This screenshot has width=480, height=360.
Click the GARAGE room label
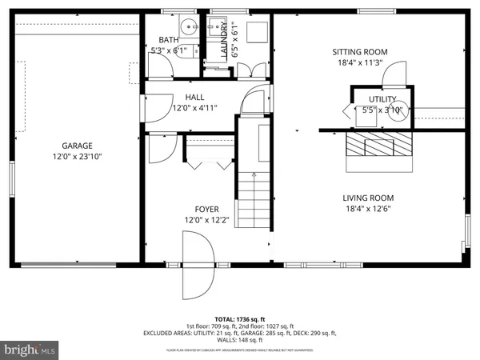[x=78, y=146]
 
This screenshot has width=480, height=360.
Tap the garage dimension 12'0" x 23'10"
[x=78, y=158]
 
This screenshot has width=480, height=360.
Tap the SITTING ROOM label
[x=360, y=52]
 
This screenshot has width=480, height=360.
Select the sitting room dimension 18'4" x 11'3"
[x=360, y=65]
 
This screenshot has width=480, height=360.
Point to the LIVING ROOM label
[x=368, y=198]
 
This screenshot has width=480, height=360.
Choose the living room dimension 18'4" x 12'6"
[x=368, y=210]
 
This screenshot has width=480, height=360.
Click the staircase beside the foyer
[x=254, y=204]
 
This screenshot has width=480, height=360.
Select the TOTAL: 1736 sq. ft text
[x=239, y=318]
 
